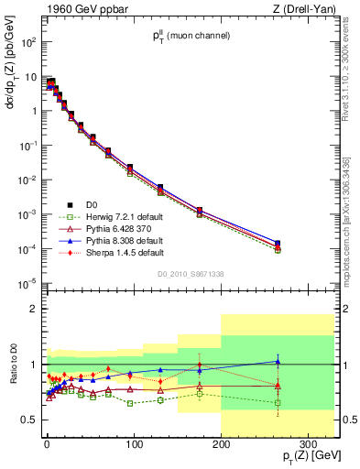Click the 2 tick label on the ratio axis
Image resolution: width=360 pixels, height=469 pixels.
[x=33, y=310]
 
